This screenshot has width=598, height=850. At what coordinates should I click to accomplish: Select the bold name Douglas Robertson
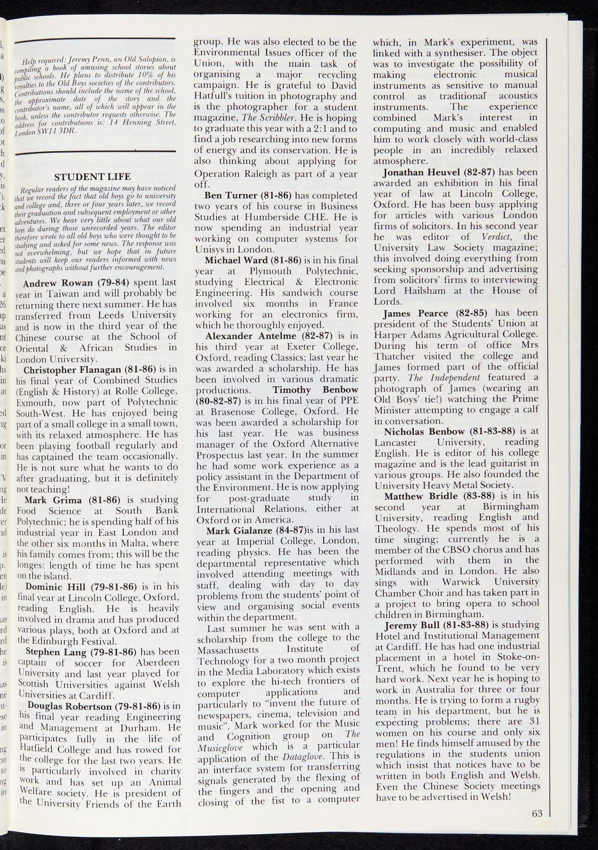[x=69, y=706]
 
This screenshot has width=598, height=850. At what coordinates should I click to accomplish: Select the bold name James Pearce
[x=415, y=313]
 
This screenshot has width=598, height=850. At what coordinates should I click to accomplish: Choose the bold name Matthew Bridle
[x=421, y=496]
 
